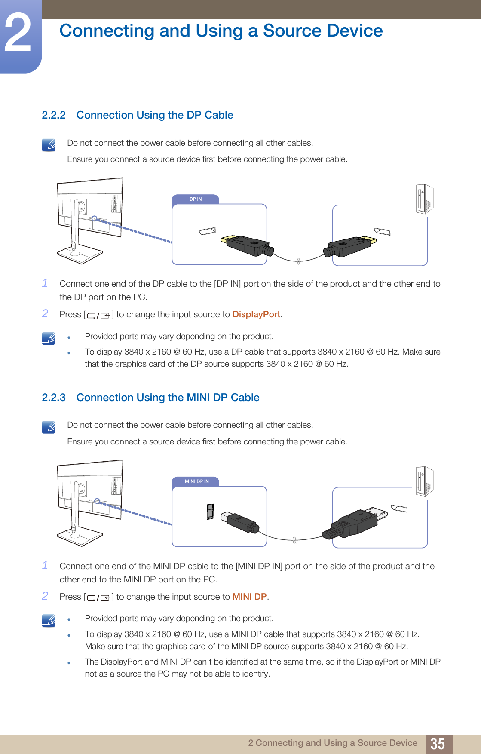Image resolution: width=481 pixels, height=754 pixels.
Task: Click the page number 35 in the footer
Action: pos(438,743)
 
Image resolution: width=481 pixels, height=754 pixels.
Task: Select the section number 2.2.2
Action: pos(54,115)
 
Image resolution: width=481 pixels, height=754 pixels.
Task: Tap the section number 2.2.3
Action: pos(54,398)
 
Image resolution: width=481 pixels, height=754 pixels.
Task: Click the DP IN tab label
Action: pos(196,199)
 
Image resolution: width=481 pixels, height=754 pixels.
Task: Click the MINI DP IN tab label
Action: pos(196,481)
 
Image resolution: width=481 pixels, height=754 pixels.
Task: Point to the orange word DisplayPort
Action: pos(256,314)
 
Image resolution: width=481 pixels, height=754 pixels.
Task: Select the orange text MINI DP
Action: pos(249,597)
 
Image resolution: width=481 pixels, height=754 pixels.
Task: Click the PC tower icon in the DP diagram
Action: pos(424,199)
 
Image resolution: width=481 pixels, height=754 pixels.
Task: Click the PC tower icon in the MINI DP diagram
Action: pos(424,481)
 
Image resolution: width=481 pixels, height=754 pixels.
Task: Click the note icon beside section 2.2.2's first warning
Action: pos(49,145)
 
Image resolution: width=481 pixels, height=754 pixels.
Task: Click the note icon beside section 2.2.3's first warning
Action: pos(49,427)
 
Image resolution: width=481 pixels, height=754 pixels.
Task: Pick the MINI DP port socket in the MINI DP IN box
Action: pos(210,512)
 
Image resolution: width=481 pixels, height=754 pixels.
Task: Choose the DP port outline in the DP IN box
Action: pos(208,231)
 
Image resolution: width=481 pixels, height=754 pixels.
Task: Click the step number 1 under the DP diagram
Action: pos(45,283)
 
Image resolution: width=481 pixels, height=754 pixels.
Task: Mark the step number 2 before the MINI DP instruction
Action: pos(45,596)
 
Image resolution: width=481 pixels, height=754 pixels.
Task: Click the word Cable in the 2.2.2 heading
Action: pos(219,115)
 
